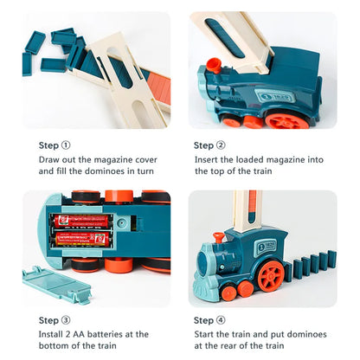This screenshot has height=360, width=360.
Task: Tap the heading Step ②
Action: [209, 145]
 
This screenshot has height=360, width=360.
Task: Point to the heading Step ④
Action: [209, 319]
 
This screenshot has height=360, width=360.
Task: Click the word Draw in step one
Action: [49, 159]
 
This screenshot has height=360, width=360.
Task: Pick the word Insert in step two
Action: [205, 159]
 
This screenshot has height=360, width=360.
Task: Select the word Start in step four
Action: [204, 333]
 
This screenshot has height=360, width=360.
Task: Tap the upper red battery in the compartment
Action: [81, 220]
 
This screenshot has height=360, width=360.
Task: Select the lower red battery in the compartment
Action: [81, 237]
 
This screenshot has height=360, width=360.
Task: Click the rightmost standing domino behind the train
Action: [331, 260]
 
